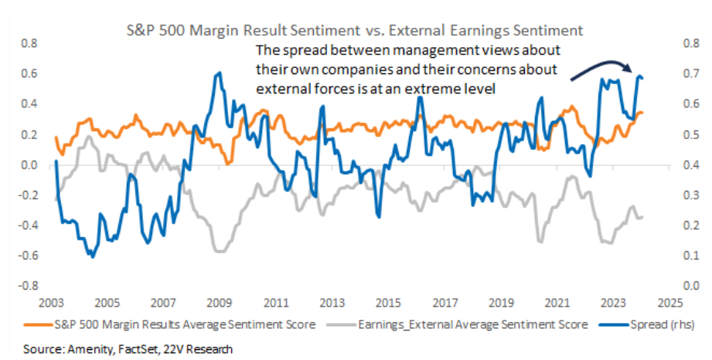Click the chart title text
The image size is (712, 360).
(x=355, y=30)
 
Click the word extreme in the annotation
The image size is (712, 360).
(x=440, y=90)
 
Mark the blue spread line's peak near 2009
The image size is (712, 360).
(x=220, y=73)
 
